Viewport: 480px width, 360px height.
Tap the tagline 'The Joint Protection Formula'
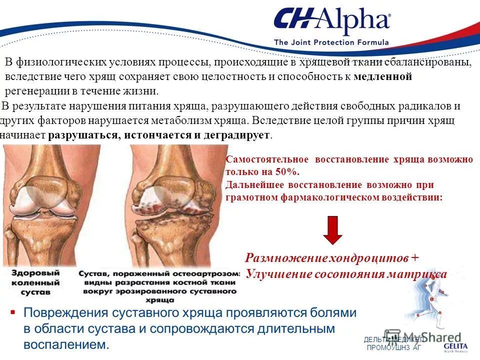coord(331,42)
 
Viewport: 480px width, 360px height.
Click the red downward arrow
coord(332,230)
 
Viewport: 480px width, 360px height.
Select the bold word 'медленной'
coord(382,77)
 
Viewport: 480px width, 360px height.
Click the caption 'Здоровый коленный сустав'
coord(37,282)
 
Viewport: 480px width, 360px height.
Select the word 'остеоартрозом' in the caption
coord(210,274)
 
